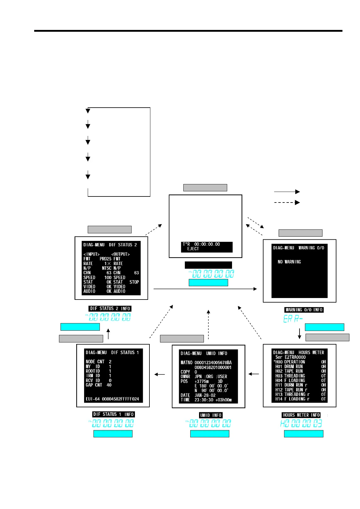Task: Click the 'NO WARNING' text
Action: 289,262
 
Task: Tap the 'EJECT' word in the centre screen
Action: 193,249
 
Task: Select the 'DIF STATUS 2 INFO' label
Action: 110,309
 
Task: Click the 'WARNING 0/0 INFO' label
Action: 304,310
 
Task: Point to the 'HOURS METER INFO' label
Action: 301,415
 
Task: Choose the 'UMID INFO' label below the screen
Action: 211,415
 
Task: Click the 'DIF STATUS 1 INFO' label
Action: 113,414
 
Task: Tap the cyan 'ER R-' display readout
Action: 293,319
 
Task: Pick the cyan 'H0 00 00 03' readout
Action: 301,423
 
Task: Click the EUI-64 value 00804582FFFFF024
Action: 120,399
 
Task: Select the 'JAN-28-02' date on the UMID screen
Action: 205,395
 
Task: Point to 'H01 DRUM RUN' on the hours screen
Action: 289,366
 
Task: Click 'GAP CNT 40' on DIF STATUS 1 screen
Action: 99,385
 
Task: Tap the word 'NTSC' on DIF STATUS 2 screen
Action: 107,268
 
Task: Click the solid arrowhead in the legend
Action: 297,192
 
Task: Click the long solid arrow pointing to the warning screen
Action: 205,289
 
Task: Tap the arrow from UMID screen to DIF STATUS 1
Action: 160,374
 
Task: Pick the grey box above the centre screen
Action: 205,188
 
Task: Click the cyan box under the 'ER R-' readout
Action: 324,327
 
